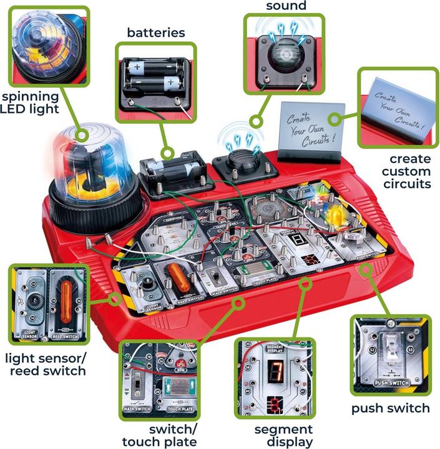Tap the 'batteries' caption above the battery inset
click(156, 32)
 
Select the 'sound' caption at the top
click(286, 6)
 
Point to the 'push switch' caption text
click(391, 408)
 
